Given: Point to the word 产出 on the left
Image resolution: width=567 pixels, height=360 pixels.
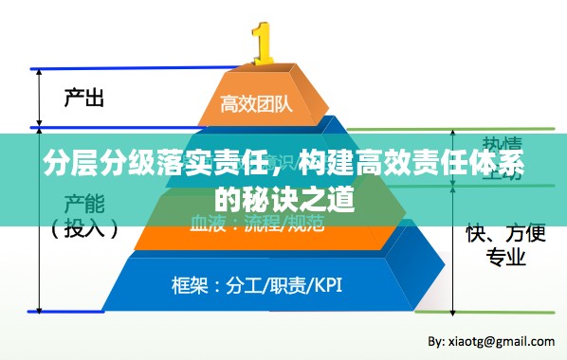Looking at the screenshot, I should [83, 97].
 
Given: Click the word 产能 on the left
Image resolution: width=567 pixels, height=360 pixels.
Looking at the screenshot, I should [83, 203].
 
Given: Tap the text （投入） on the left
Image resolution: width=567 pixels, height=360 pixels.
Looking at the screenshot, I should [84, 228].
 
